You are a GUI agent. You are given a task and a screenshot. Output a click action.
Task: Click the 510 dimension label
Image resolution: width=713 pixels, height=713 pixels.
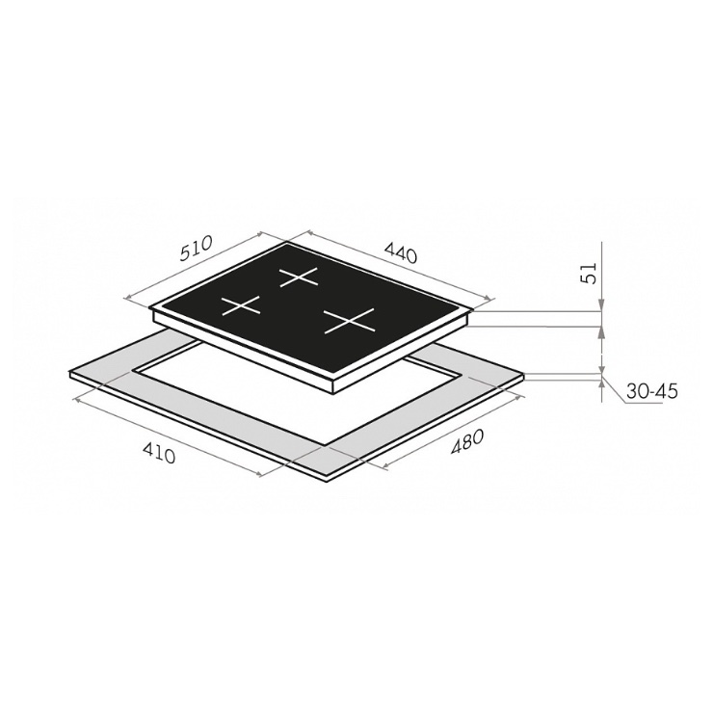197,249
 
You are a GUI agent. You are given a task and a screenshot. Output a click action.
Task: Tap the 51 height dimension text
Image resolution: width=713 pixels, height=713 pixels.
590,274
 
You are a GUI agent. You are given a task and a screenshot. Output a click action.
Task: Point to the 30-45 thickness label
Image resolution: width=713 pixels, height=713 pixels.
651,391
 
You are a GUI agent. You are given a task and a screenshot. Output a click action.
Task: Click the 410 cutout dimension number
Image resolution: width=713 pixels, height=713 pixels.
159,453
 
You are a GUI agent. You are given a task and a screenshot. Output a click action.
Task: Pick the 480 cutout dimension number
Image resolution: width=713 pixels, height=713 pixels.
466,442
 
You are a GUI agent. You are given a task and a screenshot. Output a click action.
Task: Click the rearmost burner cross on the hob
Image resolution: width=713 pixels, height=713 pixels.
299,277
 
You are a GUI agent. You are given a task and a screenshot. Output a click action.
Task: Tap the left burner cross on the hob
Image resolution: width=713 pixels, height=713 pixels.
241,305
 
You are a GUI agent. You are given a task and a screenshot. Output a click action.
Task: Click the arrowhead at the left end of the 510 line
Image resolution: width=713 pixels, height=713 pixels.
127,299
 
